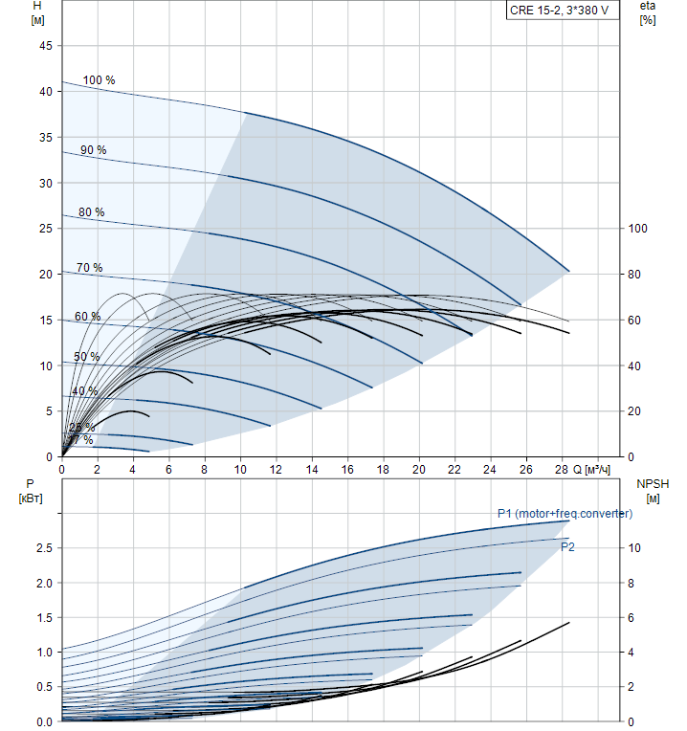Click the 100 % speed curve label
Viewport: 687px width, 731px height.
99,80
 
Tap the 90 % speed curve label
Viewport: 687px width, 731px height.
93,150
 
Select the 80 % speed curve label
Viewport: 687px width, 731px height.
91,212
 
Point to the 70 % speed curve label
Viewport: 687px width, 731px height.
89,268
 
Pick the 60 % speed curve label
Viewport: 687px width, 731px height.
87,317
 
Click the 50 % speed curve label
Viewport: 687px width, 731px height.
86,357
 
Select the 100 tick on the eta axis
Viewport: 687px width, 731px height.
637,229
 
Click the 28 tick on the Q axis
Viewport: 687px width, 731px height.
562,470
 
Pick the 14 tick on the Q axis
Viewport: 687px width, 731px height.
312,470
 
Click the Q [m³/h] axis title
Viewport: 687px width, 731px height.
593,470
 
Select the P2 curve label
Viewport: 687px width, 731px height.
567,546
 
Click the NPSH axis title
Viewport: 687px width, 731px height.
651,484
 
